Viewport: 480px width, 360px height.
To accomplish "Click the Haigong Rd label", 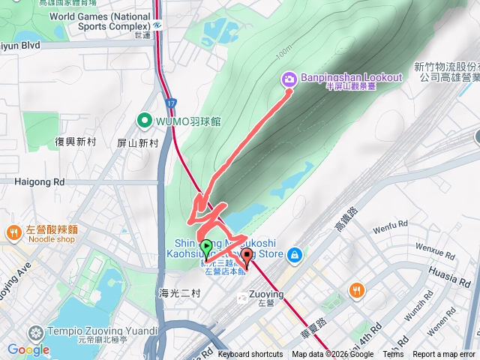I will pos(39,181).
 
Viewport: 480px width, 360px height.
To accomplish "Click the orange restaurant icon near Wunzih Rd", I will pos(356,289).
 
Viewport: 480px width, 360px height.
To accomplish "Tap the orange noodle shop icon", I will pos(13,234).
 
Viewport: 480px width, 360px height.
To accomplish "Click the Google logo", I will pos(28,349).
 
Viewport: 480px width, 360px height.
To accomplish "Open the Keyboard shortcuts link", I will pos(250,355).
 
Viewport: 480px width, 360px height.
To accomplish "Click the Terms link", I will pos(393,355).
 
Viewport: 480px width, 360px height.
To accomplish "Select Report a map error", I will pos(445,355).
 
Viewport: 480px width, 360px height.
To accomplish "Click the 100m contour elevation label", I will pos(283,52).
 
